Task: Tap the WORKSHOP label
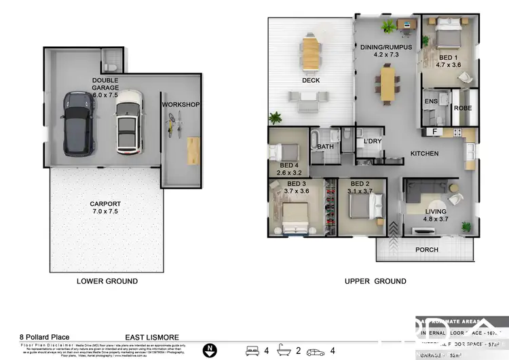tap(180, 105)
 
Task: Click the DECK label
tap(311, 81)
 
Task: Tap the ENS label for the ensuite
tap(430, 102)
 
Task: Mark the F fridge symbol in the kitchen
tap(433, 131)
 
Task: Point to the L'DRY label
tap(373, 141)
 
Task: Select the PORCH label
tap(427, 249)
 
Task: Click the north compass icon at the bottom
tap(211, 351)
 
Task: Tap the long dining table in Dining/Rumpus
tap(387, 84)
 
